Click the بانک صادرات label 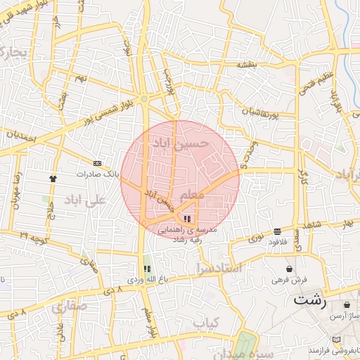tap(95, 173)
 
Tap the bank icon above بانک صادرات tap(97, 163)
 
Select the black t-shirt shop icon tap(53, 178)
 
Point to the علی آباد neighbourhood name tap(84, 200)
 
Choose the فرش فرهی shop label tap(289, 280)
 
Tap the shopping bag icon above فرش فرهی tap(290, 269)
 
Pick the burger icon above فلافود tap(278, 231)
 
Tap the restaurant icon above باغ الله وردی tap(146, 269)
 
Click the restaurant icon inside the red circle tap(186, 219)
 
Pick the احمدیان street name tap(21, 138)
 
